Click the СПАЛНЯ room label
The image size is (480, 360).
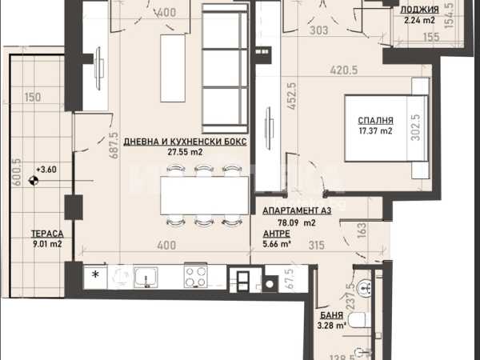375,120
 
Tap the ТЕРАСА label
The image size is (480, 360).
47,234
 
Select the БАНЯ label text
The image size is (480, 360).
331,315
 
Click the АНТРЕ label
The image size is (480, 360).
277,234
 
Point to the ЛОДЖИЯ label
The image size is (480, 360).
419,10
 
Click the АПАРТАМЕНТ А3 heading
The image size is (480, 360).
297,210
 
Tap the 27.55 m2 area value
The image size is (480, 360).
186,152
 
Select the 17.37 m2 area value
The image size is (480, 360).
375,131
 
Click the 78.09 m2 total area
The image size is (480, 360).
296,223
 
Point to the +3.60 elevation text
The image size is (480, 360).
46,170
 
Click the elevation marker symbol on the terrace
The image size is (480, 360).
33,181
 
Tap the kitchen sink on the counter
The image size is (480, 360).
146,278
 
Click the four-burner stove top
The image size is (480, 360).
196,277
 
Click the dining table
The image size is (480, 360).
205,196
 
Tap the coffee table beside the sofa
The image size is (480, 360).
173,68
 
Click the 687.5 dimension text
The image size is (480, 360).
114,145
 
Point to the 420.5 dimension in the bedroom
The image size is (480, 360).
344,70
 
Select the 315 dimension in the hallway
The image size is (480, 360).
316,246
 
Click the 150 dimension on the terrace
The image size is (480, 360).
33,98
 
